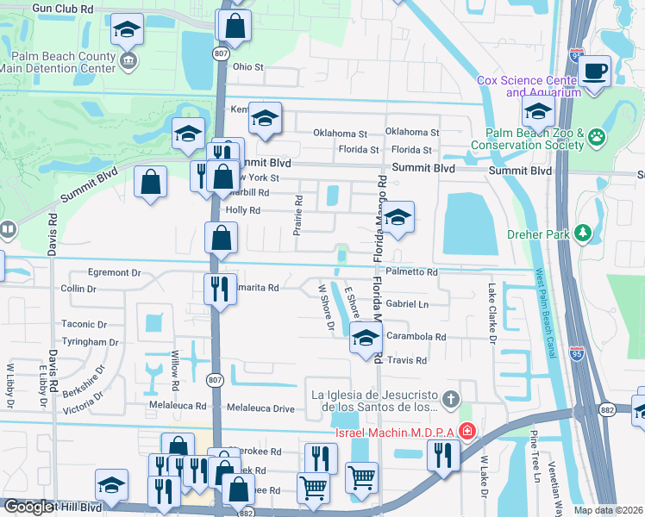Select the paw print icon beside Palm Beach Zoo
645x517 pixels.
tap(596, 135)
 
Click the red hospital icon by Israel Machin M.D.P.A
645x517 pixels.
tap(467, 429)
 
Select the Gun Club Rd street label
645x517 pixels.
tap(61, 7)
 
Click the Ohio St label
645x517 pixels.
tap(247, 66)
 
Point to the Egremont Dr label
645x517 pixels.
tap(113, 272)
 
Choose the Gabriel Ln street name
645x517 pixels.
tap(407, 304)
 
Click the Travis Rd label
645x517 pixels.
tap(407, 360)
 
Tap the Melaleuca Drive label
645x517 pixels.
tap(260, 406)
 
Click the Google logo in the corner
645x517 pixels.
tap(28, 508)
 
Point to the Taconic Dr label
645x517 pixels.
tap(84, 325)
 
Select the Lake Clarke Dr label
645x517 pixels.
tap(493, 314)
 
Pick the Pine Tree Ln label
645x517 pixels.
tap(534, 452)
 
